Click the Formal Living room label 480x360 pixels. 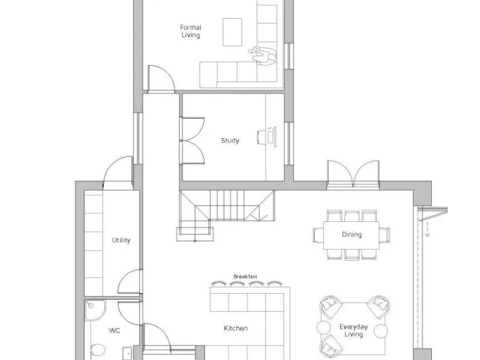point(190,31)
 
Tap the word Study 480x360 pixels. point(229,141)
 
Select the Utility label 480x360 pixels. point(121,240)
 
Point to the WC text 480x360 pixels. point(114,330)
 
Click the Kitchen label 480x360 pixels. point(236,328)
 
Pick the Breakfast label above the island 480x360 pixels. point(245,276)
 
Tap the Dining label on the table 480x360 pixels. point(351,235)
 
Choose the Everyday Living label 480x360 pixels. point(353,330)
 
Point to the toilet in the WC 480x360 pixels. point(97,351)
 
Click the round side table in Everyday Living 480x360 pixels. point(324,328)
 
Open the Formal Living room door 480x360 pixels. point(161,79)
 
